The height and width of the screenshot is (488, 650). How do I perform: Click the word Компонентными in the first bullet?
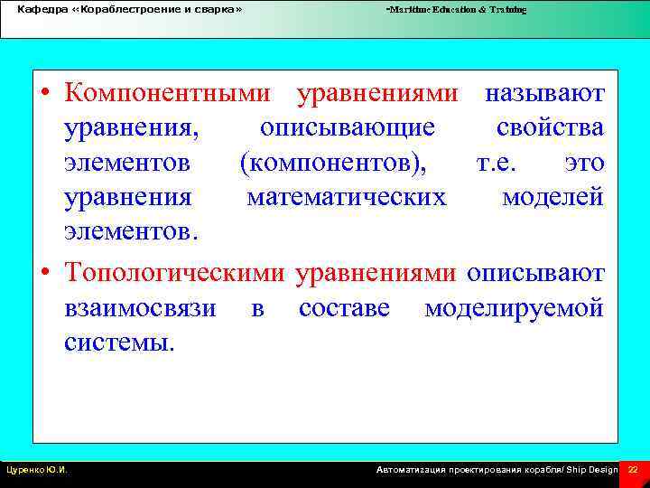168,93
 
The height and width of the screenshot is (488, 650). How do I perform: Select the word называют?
544,93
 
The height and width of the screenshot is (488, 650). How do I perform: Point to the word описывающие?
348,128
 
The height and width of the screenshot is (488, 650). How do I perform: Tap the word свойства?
550,128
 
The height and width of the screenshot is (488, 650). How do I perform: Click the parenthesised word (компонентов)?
338,164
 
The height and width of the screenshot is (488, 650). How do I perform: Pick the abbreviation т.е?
521,164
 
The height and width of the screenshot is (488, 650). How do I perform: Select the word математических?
347,198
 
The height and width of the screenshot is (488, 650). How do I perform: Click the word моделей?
552,198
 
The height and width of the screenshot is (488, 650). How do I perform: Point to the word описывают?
535,272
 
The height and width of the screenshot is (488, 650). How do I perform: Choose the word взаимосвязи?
140,307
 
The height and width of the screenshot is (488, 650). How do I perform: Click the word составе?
344,307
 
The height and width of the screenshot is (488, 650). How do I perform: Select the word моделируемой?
514,307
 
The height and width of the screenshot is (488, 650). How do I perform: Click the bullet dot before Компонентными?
44,94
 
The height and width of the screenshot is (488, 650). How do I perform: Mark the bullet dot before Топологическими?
44,273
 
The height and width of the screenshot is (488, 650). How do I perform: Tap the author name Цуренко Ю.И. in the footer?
37,471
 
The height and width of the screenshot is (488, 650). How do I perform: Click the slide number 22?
633,471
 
